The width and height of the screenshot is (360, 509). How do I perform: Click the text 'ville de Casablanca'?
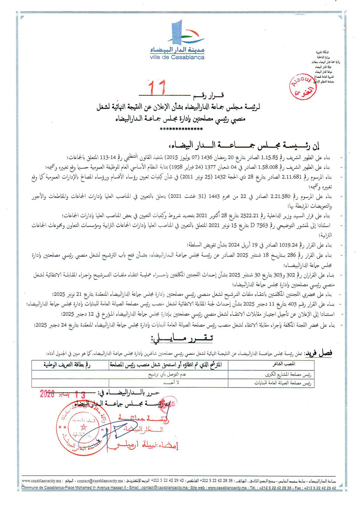(177, 57)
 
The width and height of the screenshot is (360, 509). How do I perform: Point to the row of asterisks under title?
(181, 129)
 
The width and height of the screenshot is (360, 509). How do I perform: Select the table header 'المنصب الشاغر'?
(284, 364)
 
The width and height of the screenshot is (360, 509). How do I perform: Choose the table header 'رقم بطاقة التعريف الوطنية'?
(67, 365)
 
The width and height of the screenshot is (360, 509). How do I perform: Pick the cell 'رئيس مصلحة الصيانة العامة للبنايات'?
(283, 383)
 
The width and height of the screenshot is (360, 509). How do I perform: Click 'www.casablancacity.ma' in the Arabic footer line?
(42, 481)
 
